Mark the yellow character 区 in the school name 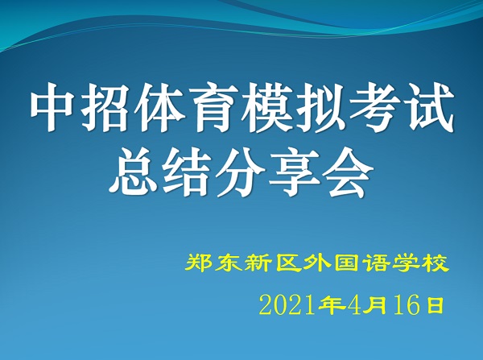pyautogui.click(x=288, y=263)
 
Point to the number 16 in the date pyautogui.click(x=407, y=304)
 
